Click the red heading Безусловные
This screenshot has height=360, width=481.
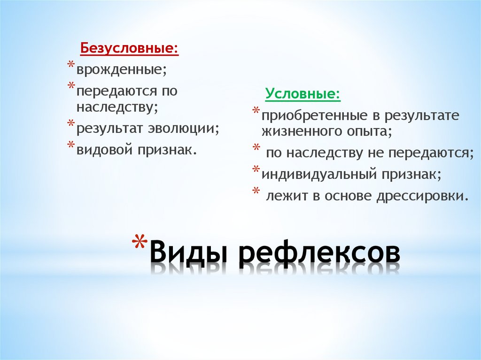(x=129, y=49)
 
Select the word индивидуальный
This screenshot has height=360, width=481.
(x=320, y=174)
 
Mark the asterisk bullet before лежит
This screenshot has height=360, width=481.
(x=256, y=191)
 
